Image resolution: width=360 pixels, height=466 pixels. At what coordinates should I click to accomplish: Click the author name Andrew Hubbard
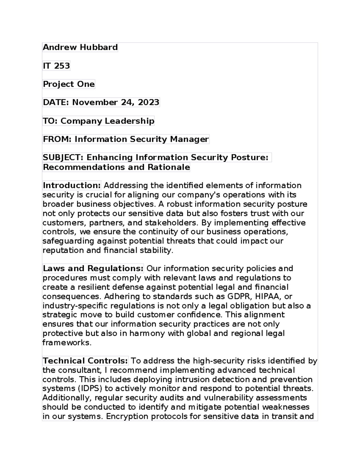(80, 47)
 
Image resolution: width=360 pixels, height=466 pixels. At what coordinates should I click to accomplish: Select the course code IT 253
(56, 66)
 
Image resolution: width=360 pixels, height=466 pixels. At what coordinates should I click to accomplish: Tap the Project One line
(69, 84)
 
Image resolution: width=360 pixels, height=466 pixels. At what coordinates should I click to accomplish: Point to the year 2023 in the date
(148, 102)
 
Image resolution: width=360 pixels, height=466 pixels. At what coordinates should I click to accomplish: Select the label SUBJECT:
(63, 158)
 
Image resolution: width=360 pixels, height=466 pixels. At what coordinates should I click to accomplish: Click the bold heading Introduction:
(72, 185)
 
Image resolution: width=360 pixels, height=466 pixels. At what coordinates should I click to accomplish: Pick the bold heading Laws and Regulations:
(93, 268)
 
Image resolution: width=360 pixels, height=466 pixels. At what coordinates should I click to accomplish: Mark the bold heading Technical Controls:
(85, 361)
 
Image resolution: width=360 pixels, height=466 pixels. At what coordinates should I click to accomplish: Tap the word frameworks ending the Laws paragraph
(67, 343)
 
